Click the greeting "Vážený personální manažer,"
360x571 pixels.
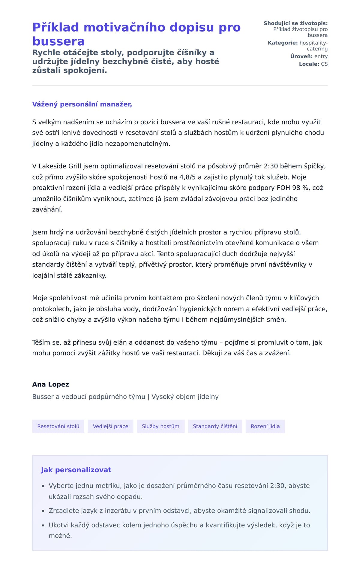pos(82,104)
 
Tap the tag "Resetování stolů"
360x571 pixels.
pos(58,426)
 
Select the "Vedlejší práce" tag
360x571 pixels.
pos(110,426)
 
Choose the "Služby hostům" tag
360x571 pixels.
pos(160,426)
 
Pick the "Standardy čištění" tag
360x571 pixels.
pos(215,426)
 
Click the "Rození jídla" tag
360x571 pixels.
pos(265,426)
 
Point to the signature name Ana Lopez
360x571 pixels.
pos(51,384)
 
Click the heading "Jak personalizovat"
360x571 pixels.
pos(76,470)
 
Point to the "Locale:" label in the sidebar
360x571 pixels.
pos(309,64)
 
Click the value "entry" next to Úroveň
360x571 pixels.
pos(321,56)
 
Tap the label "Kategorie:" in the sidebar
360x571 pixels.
pos(283,43)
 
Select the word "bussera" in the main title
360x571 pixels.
pos(58,41)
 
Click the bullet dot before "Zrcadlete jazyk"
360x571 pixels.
pos(43,511)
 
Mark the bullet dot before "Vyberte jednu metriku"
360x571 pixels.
pos(43,486)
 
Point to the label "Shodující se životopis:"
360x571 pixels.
pos(295,23)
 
